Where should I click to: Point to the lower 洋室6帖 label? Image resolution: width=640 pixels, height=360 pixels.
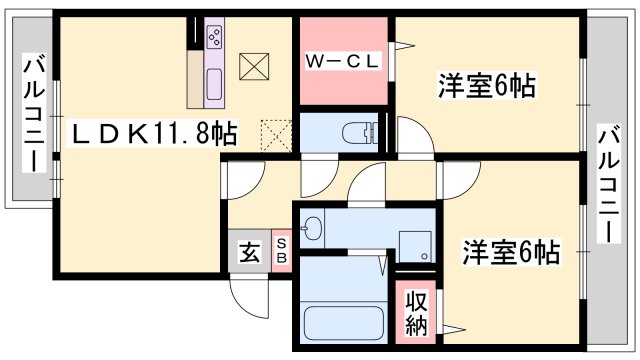tap(510, 251)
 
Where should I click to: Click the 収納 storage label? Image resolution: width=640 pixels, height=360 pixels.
tap(416, 312)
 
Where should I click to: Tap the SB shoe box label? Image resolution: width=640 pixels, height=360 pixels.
tap(281, 250)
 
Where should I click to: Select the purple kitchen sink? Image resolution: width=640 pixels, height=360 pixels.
tap(215, 84)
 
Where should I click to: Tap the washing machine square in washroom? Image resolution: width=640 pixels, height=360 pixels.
tap(412, 246)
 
